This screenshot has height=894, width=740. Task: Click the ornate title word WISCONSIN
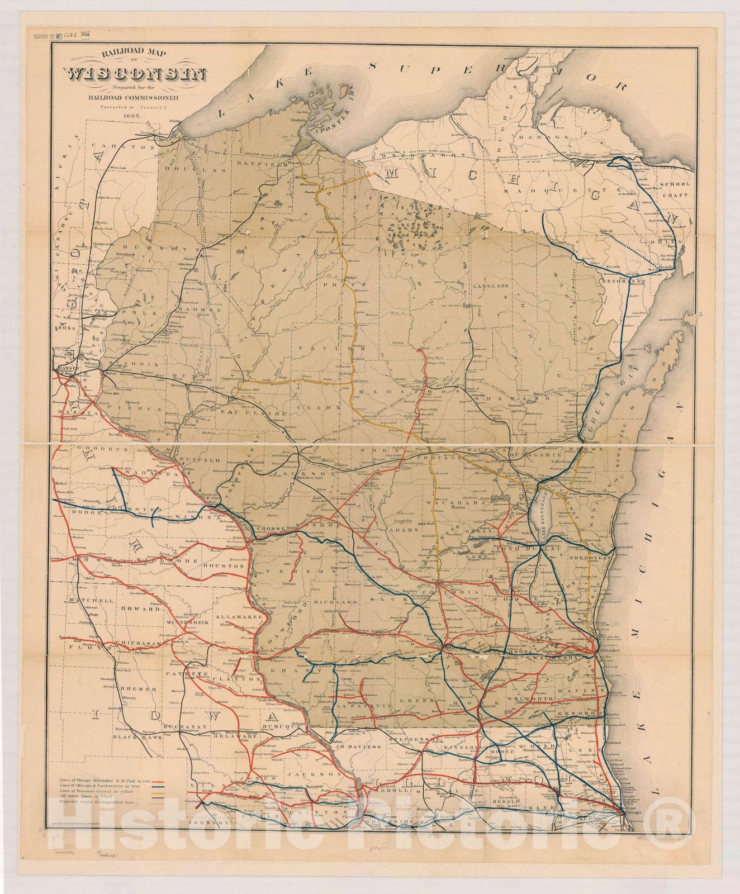[x=136, y=75]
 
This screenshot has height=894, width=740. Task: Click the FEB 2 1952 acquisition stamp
[x=74, y=34]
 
